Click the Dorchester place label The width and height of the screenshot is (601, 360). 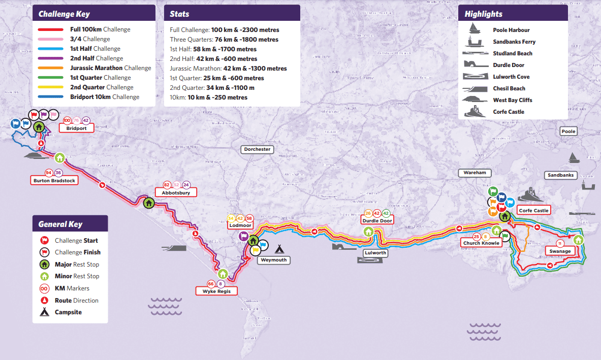(257, 149)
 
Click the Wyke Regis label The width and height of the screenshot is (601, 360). (216, 291)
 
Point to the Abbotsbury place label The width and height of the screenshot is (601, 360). (175, 193)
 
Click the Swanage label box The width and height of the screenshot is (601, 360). (560, 251)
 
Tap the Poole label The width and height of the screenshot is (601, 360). (568, 132)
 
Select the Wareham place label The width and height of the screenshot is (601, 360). (475, 173)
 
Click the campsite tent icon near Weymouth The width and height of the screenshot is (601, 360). (279, 249)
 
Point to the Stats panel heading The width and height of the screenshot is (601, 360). (180, 14)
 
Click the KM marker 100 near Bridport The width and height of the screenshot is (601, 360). (67, 120)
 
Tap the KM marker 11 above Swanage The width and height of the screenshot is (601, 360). (560, 243)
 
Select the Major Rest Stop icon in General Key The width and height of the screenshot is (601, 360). (44, 264)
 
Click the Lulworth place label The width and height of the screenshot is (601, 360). (375, 252)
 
